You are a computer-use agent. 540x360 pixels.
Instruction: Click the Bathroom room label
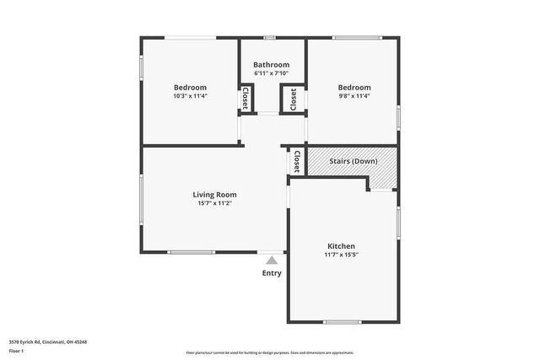[x=272, y=65]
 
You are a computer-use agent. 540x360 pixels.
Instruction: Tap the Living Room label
[x=215, y=195]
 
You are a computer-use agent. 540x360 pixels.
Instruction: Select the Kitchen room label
[x=341, y=246]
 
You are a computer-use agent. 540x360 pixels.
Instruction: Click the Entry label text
[x=272, y=273]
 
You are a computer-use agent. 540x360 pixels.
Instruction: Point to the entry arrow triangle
[x=272, y=261]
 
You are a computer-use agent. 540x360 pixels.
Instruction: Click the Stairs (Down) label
[x=353, y=159]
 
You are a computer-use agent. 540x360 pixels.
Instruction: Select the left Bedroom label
[x=190, y=88]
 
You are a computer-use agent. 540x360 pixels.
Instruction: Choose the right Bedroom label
[x=354, y=88]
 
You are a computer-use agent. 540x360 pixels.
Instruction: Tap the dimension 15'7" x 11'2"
[x=215, y=203]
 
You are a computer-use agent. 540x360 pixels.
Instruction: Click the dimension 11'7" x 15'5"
[x=341, y=255]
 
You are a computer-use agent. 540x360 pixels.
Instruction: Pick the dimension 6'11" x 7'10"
[x=272, y=73]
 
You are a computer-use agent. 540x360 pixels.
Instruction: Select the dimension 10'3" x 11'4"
[x=190, y=96]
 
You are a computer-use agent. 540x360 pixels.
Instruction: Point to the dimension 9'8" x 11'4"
[x=354, y=96]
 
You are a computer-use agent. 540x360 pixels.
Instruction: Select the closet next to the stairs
[x=297, y=161]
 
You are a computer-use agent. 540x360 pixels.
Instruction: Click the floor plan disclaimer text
[x=270, y=352]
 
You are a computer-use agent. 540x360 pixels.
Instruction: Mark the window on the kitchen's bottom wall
[x=343, y=321]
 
